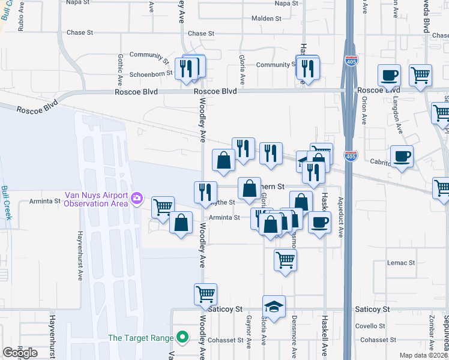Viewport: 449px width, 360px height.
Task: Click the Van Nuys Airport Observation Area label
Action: point(96,199)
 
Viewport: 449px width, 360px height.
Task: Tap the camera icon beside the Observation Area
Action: point(137,198)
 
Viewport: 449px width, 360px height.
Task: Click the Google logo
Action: point(20,353)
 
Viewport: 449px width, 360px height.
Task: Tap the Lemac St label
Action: point(401,263)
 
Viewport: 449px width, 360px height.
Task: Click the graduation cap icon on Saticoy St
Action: point(274,307)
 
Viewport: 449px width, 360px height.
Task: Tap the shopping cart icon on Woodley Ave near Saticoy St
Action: point(205,295)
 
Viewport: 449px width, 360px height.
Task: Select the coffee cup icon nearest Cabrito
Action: point(402,157)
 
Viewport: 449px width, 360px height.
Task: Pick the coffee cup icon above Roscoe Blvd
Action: point(389,76)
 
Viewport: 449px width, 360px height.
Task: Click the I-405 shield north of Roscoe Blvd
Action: point(352,61)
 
